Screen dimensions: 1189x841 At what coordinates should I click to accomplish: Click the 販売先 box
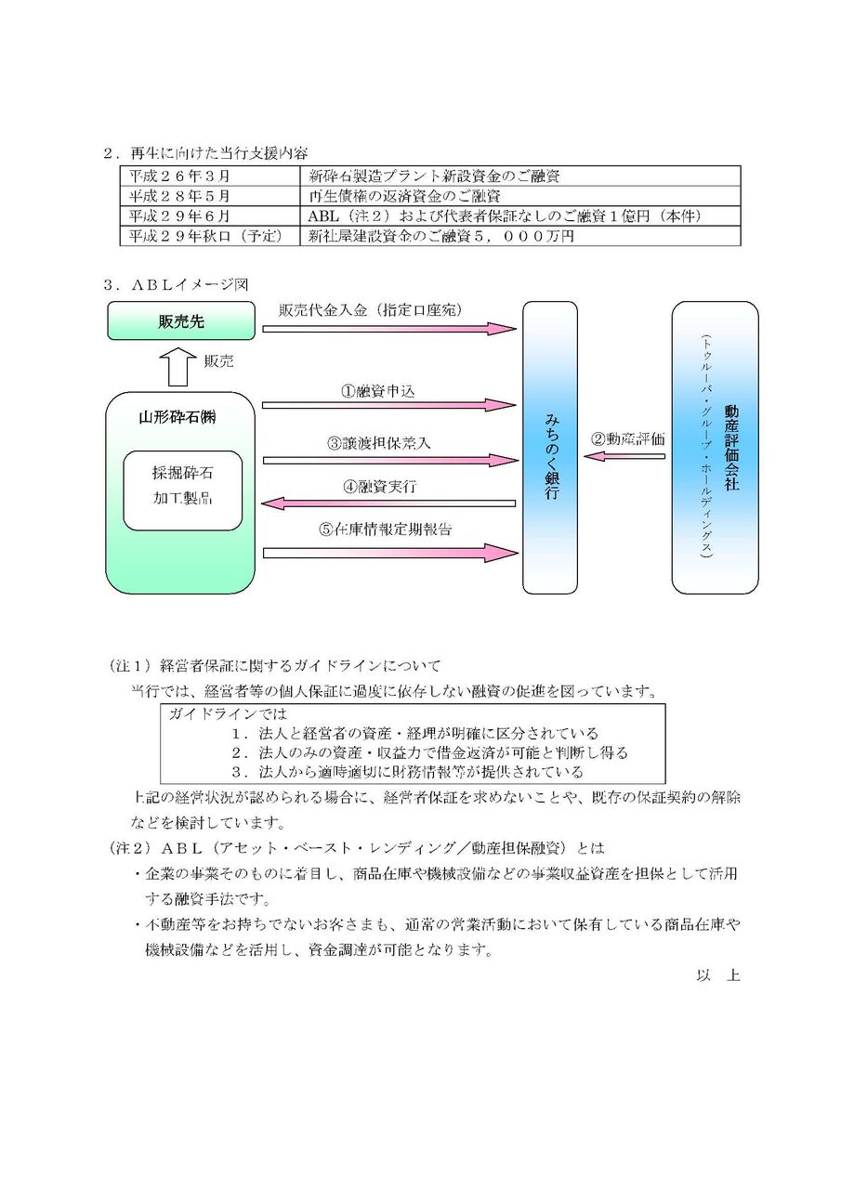point(180,321)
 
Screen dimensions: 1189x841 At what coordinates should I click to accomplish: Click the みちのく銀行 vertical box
point(549,448)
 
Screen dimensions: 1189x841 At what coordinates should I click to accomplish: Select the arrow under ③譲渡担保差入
point(388,459)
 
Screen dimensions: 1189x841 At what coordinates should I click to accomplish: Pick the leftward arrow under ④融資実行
point(388,503)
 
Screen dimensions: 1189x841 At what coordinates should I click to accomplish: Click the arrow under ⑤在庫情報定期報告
point(388,553)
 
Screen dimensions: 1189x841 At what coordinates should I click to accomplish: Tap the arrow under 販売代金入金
point(388,327)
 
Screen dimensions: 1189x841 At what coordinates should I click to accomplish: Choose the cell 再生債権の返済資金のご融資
point(405,195)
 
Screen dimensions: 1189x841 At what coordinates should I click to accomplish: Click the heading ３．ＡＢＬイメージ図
point(177,284)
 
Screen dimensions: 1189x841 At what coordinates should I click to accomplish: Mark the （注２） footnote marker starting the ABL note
point(130,848)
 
